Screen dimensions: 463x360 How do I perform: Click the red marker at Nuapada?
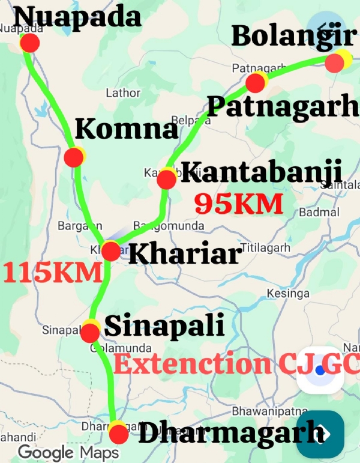pyautogui.click(x=30, y=43)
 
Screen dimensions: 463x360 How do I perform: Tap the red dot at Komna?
pyautogui.click(x=73, y=158)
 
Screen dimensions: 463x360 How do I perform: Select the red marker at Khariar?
pyautogui.click(x=111, y=251)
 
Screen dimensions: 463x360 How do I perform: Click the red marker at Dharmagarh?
pyautogui.click(x=118, y=433)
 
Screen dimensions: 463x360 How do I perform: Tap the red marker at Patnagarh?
pyautogui.click(x=255, y=83)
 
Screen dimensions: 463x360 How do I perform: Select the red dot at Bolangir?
pyautogui.click(x=334, y=62)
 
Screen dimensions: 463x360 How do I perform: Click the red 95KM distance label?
pyautogui.click(x=238, y=204)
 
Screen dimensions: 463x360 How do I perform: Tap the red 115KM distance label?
pyautogui.click(x=52, y=272)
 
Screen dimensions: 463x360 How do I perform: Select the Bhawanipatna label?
pyautogui.click(x=259, y=412)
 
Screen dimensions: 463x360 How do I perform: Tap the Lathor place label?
pyautogui.click(x=123, y=93)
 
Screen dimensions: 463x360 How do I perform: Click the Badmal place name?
pyautogui.click(x=319, y=212)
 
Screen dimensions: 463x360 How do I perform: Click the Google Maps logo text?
pyautogui.click(x=68, y=452)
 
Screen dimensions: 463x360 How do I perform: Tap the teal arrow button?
pyautogui.click(x=320, y=434)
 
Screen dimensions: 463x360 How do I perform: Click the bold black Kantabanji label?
pyautogui.click(x=261, y=172)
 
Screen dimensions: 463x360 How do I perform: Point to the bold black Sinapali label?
pyautogui.click(x=164, y=327)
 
